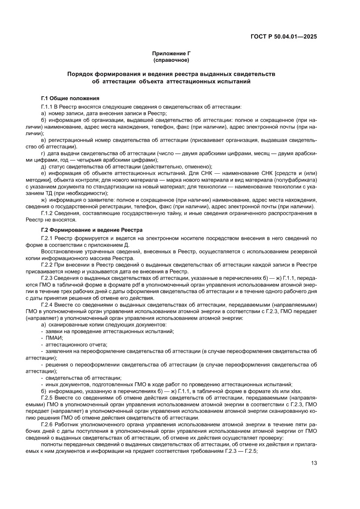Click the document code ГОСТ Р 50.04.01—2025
click(x=283, y=37)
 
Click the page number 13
click(x=313, y=463)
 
